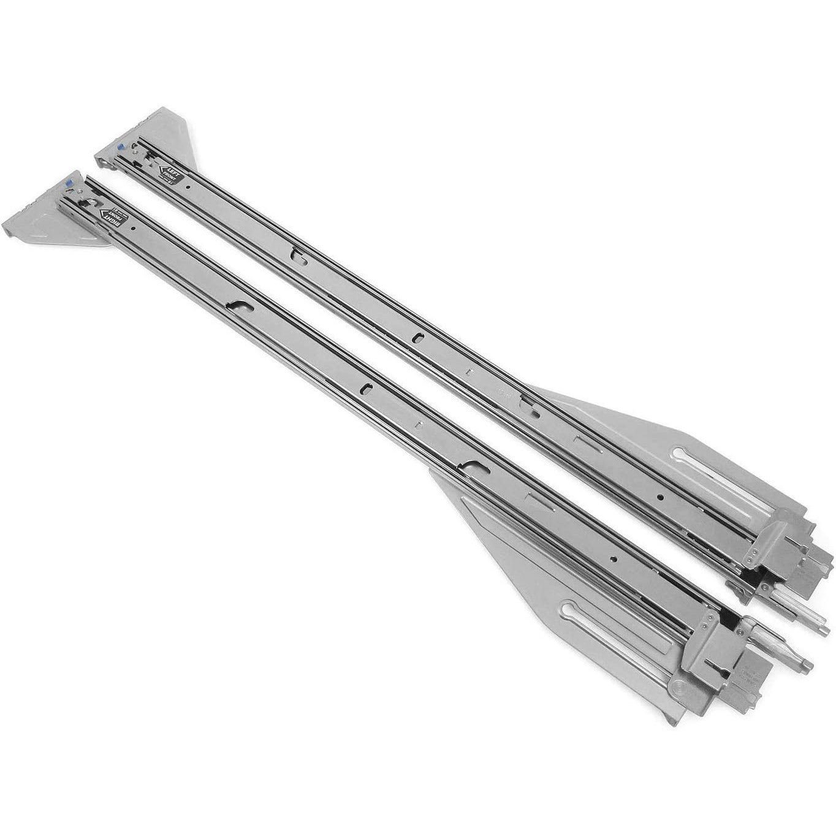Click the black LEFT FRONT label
[x=170, y=175]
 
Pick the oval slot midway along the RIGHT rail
[x=366, y=387]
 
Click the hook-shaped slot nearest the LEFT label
[x=297, y=253]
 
